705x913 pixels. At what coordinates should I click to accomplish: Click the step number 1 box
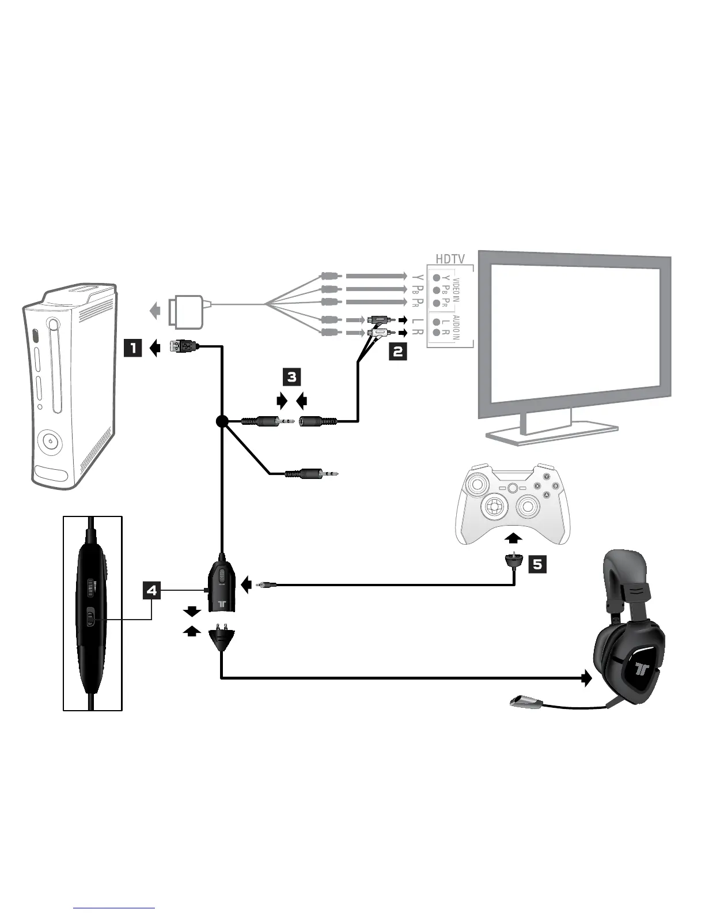coord(133,348)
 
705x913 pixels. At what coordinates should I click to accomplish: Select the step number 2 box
coord(398,351)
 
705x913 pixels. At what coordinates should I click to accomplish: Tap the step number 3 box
coord(292,377)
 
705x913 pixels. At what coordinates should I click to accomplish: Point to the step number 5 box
coord(537,564)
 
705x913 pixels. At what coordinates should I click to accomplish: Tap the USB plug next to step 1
coord(183,346)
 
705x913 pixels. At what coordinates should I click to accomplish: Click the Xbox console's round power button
coord(52,442)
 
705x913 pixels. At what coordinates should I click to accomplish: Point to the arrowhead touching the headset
coord(587,678)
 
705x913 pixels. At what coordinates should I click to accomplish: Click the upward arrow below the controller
coord(514,538)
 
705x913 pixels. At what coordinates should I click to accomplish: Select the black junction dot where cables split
coord(221,422)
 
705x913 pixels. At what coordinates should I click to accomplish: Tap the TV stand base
coord(551,435)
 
